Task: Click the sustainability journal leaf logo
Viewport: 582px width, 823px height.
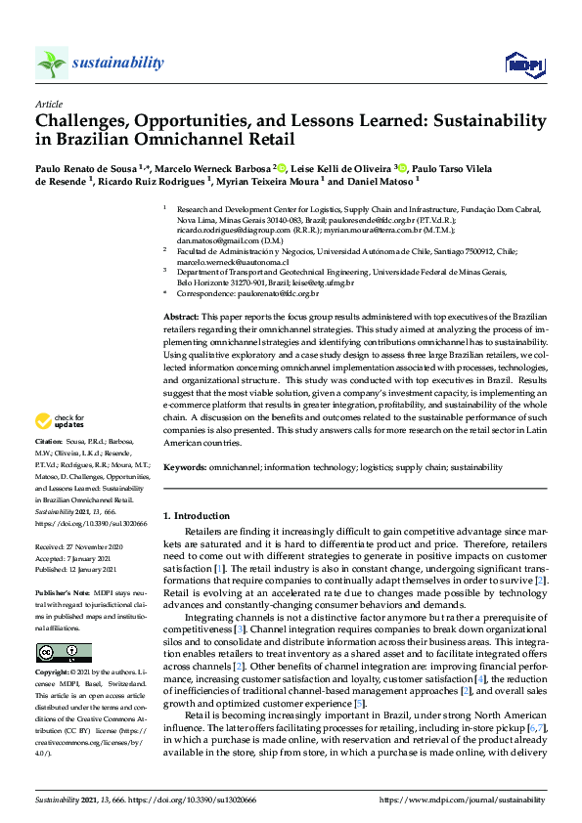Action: tap(52, 63)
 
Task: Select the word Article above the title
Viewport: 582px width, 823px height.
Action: tap(48, 104)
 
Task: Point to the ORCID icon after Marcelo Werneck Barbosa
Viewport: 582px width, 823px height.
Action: tap(282, 167)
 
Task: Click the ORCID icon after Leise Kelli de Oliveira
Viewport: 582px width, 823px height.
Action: tap(400, 167)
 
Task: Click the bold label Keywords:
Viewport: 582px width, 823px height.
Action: tap(185, 467)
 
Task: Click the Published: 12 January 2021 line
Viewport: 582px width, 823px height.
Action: tap(76, 569)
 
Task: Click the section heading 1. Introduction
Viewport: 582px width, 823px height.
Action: tap(196, 515)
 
